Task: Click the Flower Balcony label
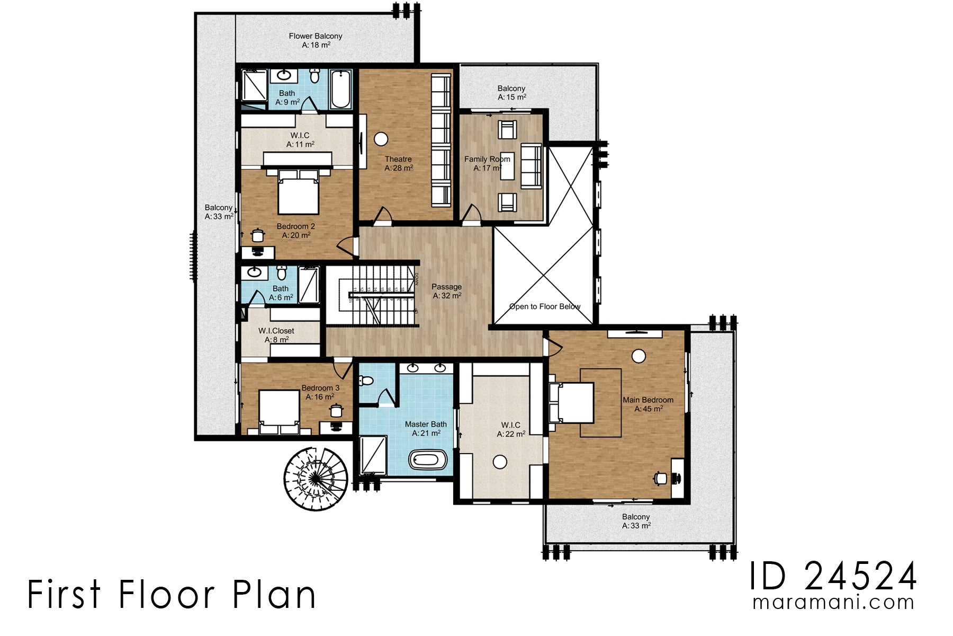[316, 37]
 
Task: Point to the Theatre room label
[398, 159]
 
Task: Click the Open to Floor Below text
[544, 306]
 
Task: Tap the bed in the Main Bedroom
[573, 402]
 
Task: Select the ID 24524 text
[833, 577]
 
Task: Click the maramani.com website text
[833, 603]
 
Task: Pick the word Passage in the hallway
[446, 287]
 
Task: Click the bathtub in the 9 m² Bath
[340, 88]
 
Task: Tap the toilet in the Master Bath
[366, 381]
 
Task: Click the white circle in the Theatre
[381, 139]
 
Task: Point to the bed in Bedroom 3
[278, 411]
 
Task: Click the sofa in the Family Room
[531, 165]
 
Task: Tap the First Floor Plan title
[172, 595]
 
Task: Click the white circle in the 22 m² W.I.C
[500, 462]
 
